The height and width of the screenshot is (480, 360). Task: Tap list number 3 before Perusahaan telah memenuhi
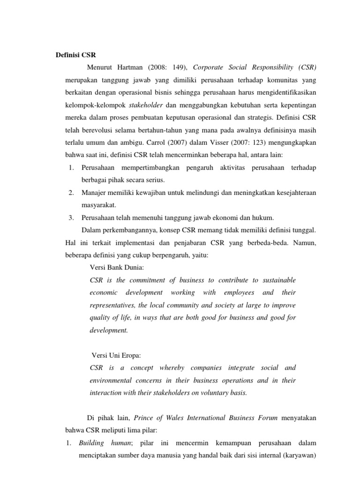click(x=70, y=217)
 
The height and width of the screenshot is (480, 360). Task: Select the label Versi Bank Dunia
click(x=117, y=267)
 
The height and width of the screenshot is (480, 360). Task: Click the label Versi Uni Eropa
click(x=115, y=355)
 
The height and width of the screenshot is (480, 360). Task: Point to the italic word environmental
click(x=112, y=380)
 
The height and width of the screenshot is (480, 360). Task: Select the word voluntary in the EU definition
click(x=209, y=393)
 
